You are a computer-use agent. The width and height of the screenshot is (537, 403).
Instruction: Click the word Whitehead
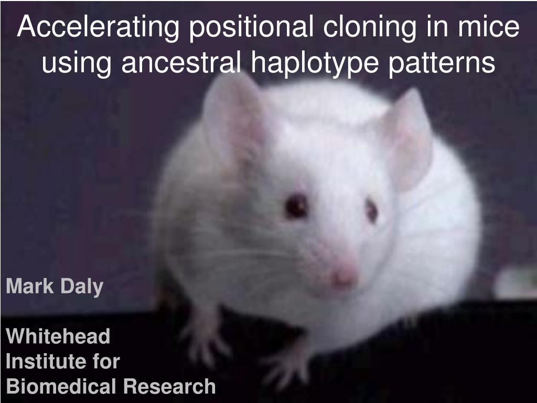[58, 336]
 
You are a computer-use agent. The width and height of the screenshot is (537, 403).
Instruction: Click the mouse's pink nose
[344, 275]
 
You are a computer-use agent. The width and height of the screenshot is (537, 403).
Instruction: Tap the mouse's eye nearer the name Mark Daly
[296, 205]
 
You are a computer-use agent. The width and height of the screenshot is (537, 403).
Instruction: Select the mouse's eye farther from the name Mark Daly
[372, 210]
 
